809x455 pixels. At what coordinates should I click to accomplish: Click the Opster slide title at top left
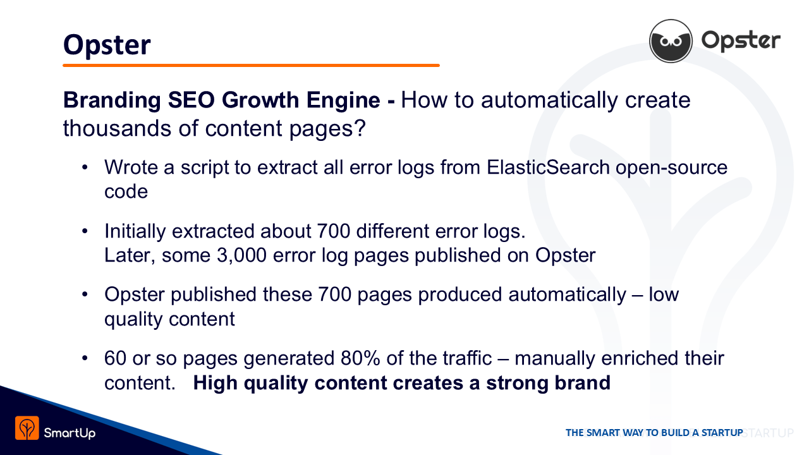pyautogui.click(x=107, y=45)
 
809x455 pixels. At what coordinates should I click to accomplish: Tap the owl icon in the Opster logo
pyautogui.click(x=671, y=41)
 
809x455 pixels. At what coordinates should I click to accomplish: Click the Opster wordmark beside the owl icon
pyautogui.click(x=741, y=41)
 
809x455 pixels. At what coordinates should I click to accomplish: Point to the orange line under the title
pyautogui.click(x=251, y=65)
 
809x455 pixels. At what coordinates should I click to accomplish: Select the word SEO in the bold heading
pyautogui.click(x=192, y=100)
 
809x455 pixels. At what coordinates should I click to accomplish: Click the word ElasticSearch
pyautogui.click(x=548, y=167)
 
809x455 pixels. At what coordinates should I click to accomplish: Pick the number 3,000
pyautogui.click(x=241, y=255)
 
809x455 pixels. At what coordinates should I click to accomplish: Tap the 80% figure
pyautogui.click(x=360, y=358)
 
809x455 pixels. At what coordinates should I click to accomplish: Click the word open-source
pyautogui.click(x=671, y=168)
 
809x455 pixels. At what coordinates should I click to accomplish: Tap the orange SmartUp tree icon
pyautogui.click(x=27, y=428)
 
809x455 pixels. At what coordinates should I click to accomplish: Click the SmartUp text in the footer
pyautogui.click(x=70, y=433)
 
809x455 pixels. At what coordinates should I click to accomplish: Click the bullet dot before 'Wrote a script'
pyautogui.click(x=85, y=167)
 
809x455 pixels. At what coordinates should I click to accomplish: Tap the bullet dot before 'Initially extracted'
pyautogui.click(x=85, y=231)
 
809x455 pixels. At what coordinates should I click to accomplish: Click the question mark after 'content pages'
pyautogui.click(x=360, y=128)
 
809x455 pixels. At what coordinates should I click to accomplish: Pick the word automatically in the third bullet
pyautogui.click(x=567, y=295)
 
